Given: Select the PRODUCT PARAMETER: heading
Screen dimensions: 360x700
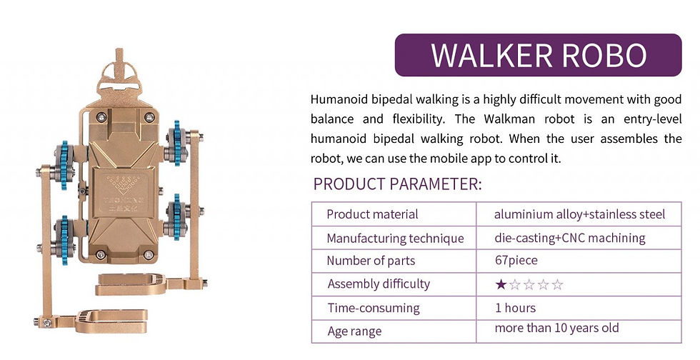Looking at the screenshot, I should tap(397, 184).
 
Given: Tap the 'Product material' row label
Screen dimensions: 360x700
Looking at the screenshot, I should tap(372, 214).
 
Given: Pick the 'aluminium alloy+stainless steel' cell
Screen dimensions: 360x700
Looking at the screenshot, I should tap(579, 214).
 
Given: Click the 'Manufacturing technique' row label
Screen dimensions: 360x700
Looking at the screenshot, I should tap(395, 238).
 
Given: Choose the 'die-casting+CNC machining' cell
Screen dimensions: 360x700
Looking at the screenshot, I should tap(569, 238).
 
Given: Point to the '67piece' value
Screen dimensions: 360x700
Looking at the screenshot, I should tap(516, 261).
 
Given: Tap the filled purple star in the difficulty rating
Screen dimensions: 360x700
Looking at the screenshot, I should tap(501, 285).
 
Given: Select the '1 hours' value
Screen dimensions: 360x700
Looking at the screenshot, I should tap(515, 308).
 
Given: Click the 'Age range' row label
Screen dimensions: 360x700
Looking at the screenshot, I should tap(354, 331).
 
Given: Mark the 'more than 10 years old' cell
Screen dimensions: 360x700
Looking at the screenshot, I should tap(556, 328).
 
